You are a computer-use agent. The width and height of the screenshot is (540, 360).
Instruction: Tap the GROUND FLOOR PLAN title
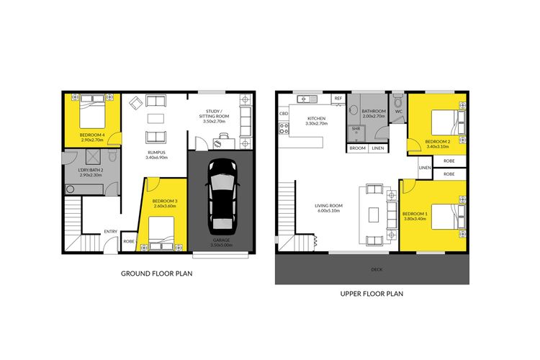coord(157,274)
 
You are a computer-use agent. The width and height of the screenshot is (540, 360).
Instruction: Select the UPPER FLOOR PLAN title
coord(372,294)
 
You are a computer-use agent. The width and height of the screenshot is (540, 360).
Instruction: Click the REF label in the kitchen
coord(338,99)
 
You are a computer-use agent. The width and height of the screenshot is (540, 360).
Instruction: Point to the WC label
coord(399,112)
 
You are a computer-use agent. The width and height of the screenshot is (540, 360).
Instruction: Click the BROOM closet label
coord(357,148)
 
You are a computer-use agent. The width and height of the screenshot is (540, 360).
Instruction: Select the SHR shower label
coord(356,129)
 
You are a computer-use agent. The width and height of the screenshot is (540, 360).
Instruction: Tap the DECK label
coord(377,270)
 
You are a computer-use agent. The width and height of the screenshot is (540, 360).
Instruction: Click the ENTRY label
coord(111,232)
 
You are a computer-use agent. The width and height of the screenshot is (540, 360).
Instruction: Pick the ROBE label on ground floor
coord(129,241)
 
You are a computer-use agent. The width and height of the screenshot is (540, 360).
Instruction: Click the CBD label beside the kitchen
coord(284,113)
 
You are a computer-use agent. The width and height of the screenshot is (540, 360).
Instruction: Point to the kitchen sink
coord(307,99)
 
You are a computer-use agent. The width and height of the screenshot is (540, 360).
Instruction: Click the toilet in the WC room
coord(398,101)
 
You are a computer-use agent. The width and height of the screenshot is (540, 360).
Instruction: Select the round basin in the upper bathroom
coord(353,110)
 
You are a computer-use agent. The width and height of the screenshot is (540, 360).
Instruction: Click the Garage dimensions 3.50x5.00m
coord(222,245)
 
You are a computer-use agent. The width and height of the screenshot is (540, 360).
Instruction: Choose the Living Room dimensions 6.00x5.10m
coord(328,210)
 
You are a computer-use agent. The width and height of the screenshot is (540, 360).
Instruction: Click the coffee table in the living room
coord(374,215)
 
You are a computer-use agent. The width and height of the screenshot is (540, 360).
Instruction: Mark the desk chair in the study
coord(223,136)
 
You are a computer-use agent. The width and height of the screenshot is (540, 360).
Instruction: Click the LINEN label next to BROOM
coord(378,148)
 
